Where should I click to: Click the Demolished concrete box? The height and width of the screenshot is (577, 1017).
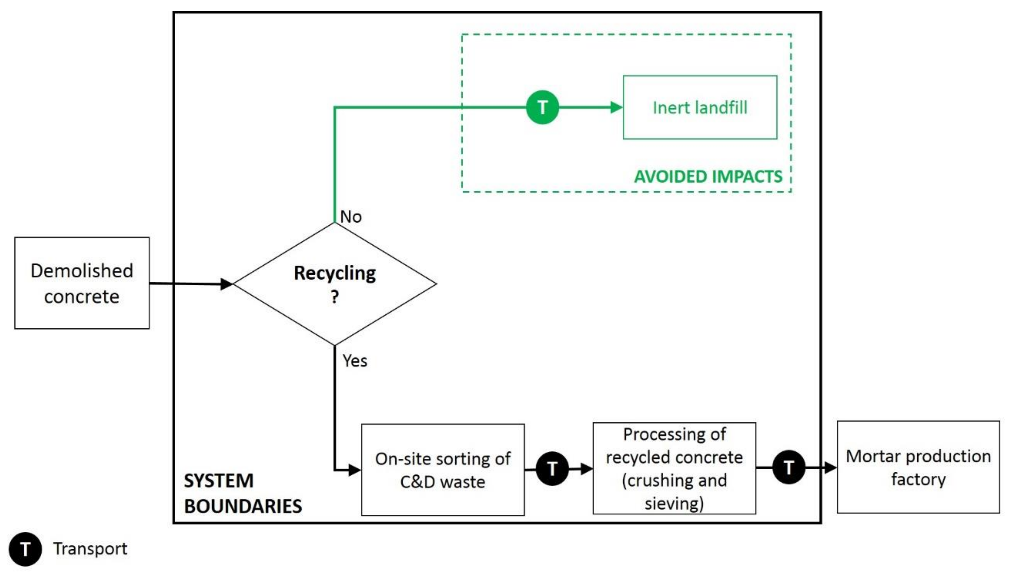pyautogui.click(x=82, y=283)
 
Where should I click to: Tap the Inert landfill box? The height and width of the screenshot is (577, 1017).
pyautogui.click(x=700, y=107)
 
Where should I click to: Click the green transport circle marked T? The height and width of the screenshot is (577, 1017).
pyautogui.click(x=542, y=107)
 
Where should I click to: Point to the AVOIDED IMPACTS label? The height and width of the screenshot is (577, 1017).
pyautogui.click(x=708, y=176)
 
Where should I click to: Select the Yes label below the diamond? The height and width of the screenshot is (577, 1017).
pyautogui.click(x=355, y=361)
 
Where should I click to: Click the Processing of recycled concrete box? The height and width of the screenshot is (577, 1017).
pyautogui.click(x=674, y=468)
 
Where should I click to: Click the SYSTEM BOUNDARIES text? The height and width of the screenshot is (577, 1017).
pyautogui.click(x=242, y=493)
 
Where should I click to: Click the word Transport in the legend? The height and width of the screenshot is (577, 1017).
pyautogui.click(x=90, y=549)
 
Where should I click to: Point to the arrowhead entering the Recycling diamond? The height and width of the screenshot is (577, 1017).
pyautogui.click(x=227, y=284)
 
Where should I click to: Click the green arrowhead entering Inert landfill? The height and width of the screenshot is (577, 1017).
pyautogui.click(x=616, y=107)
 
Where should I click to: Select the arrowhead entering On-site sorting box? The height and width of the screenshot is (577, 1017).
pyautogui.click(x=355, y=470)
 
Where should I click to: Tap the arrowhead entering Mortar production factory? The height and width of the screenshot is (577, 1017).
pyautogui.click(x=830, y=468)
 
